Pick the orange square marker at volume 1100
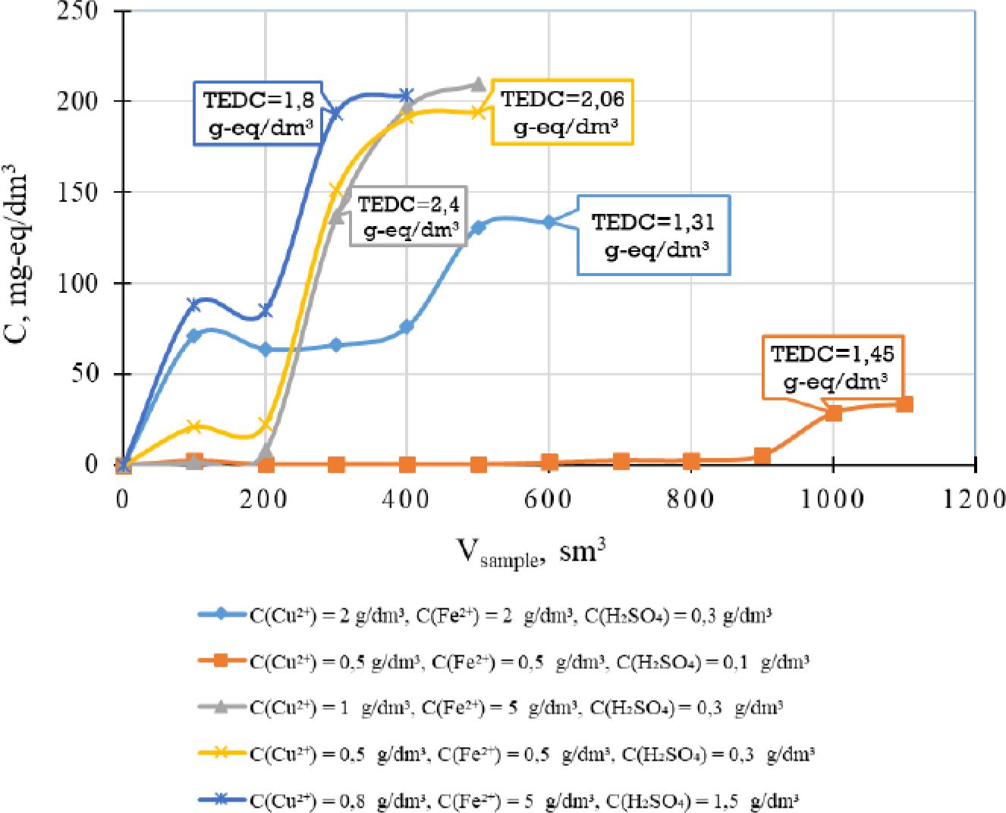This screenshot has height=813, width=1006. [x=904, y=404]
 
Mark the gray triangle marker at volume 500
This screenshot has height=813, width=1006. [x=478, y=84]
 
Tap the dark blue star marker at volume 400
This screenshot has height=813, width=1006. [x=407, y=95]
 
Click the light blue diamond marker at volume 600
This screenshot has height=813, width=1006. [x=549, y=221]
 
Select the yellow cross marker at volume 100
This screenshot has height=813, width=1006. [x=194, y=426]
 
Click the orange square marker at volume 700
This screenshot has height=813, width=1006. [x=621, y=461]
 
